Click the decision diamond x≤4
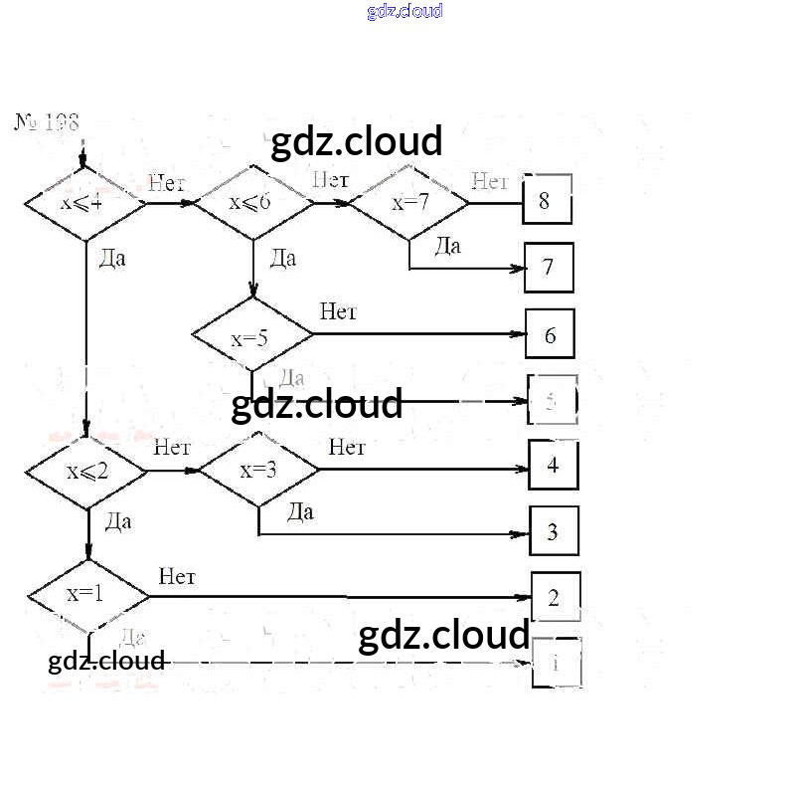tap(84, 203)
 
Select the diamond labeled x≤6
tap(251, 203)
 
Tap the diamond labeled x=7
tap(409, 203)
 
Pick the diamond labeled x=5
tap(251, 337)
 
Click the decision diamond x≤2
tap(87, 470)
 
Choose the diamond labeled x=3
tap(259, 469)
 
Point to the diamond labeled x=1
tap(87, 595)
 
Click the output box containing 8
tap(548, 200)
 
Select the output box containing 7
tap(549, 268)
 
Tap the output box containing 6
tap(550, 335)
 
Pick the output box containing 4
tap(554, 465)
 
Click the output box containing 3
tap(554, 531)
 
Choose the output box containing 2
tap(555, 598)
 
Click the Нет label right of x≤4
tap(166, 183)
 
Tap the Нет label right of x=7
tap(489, 181)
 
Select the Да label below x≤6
tap(282, 260)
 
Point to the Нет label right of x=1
tap(176, 577)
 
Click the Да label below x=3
tap(300, 512)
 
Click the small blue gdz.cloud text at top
tap(405, 11)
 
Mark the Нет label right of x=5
tap(338, 312)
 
